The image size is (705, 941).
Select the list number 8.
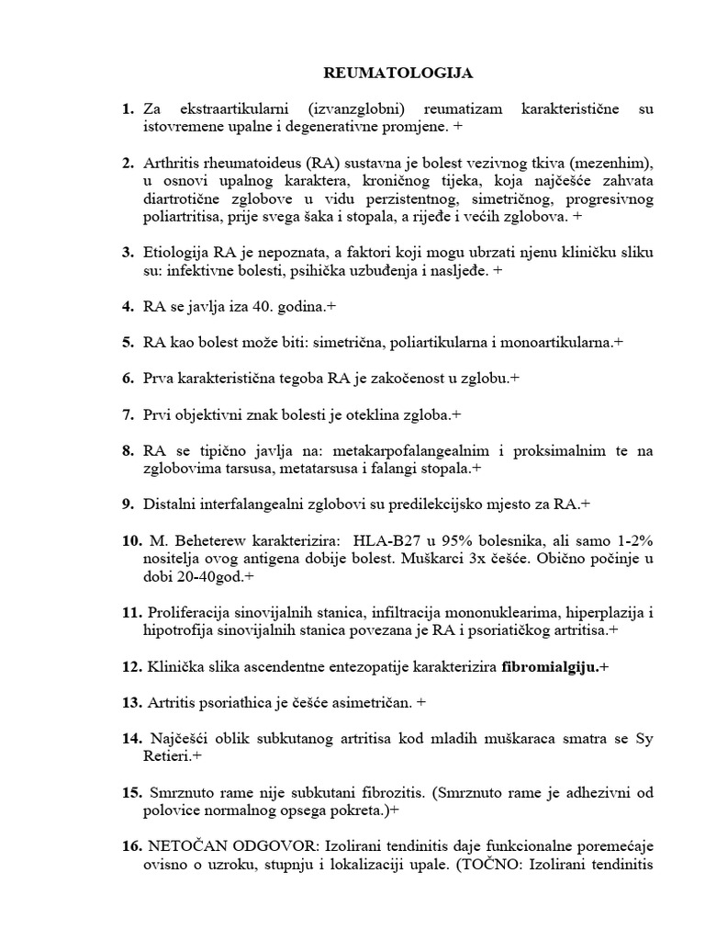tap(128, 450)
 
